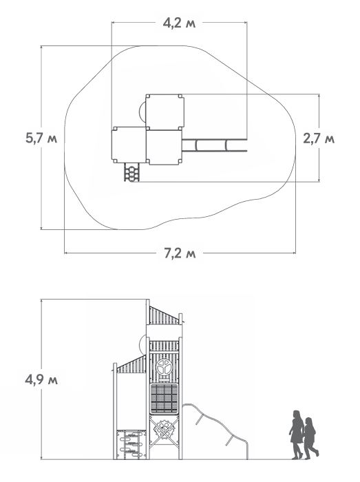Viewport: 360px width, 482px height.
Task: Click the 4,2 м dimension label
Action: (x=179, y=23)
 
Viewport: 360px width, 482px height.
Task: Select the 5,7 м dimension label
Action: (x=41, y=138)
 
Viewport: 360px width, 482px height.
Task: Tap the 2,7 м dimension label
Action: (x=319, y=138)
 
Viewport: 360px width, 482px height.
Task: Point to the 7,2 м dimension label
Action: (x=180, y=253)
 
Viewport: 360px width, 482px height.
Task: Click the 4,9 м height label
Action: (x=41, y=380)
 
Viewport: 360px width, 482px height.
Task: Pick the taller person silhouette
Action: (x=297, y=434)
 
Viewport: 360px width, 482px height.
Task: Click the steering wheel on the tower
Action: (x=165, y=367)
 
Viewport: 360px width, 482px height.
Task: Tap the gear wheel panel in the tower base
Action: (x=164, y=428)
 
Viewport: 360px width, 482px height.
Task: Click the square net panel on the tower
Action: (x=165, y=399)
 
